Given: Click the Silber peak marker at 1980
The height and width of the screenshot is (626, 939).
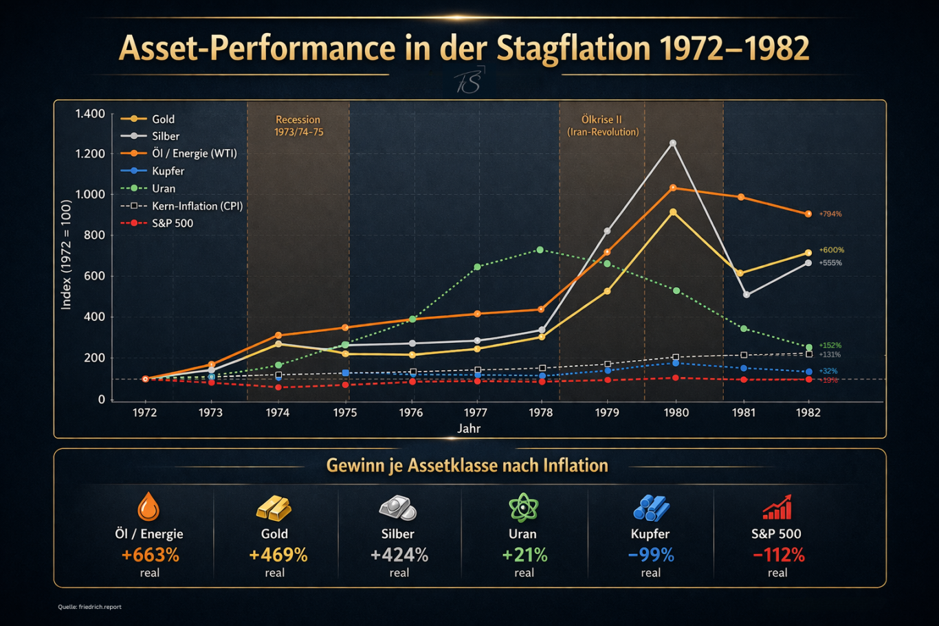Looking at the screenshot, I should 673,144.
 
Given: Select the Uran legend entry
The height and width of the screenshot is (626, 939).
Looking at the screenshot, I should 163,188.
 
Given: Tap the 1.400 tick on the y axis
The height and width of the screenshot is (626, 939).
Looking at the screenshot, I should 90,113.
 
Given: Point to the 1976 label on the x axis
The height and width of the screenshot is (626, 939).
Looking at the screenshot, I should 411,412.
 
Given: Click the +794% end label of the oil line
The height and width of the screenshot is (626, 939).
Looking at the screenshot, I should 830,214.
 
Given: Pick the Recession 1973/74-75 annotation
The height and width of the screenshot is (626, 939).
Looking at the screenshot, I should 298,126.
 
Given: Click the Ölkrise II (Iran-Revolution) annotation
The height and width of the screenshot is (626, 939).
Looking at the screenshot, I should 602,126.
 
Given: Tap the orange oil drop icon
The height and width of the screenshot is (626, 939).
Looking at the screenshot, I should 148,507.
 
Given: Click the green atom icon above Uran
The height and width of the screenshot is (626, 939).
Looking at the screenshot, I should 524,508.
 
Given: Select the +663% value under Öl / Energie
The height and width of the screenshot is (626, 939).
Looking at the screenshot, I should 150,555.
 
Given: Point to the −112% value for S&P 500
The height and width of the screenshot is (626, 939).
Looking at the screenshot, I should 778,555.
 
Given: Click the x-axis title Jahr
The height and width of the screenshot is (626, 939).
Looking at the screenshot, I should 469,429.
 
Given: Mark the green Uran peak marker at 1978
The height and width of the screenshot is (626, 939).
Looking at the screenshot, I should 540,250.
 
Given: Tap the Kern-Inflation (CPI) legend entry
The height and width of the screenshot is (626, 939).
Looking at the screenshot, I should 197,205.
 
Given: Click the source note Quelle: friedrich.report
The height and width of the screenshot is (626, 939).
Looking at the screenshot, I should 90,607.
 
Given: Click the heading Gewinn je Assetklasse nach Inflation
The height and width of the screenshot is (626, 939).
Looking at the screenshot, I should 467,466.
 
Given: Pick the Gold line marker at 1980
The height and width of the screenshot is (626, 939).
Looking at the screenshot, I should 673,212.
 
